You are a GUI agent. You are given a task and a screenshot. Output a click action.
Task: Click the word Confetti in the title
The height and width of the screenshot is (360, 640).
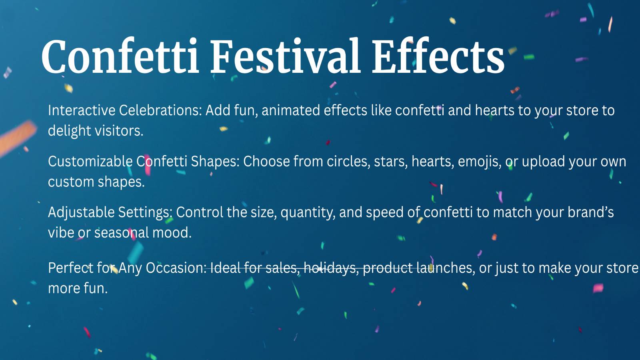(x=120, y=56)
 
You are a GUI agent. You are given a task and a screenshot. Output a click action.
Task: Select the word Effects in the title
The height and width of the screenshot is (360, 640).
(x=438, y=56)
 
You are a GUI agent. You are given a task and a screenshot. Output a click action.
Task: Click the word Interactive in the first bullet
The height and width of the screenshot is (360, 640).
(x=82, y=110)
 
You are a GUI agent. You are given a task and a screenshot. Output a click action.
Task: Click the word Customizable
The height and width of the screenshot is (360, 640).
(x=90, y=161)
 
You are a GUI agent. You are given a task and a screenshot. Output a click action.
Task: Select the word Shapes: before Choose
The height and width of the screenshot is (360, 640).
(x=215, y=162)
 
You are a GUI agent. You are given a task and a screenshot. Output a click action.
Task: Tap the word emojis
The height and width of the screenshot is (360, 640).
(x=480, y=162)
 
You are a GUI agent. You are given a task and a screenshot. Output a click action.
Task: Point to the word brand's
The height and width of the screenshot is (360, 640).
(x=590, y=212)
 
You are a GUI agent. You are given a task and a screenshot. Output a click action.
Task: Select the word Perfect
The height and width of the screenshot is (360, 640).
(x=70, y=268)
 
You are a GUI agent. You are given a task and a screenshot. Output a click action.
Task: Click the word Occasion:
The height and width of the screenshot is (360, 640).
(x=176, y=268)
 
